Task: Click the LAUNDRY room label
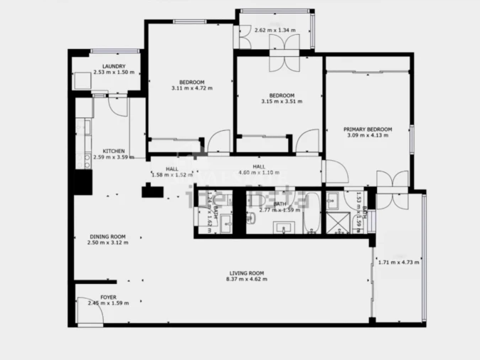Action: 114,67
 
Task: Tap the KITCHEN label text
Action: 114,151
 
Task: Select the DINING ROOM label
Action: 107,237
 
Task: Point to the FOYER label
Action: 108,298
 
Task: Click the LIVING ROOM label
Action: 247,273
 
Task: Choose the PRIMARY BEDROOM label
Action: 367,129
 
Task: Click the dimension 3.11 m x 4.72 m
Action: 192,88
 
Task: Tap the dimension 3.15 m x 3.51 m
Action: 282,102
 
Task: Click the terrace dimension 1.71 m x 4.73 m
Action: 399,263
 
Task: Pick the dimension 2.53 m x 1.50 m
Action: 114,73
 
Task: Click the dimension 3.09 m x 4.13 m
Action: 367,135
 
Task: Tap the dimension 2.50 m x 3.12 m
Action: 107,243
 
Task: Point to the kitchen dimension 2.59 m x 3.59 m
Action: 114,157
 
